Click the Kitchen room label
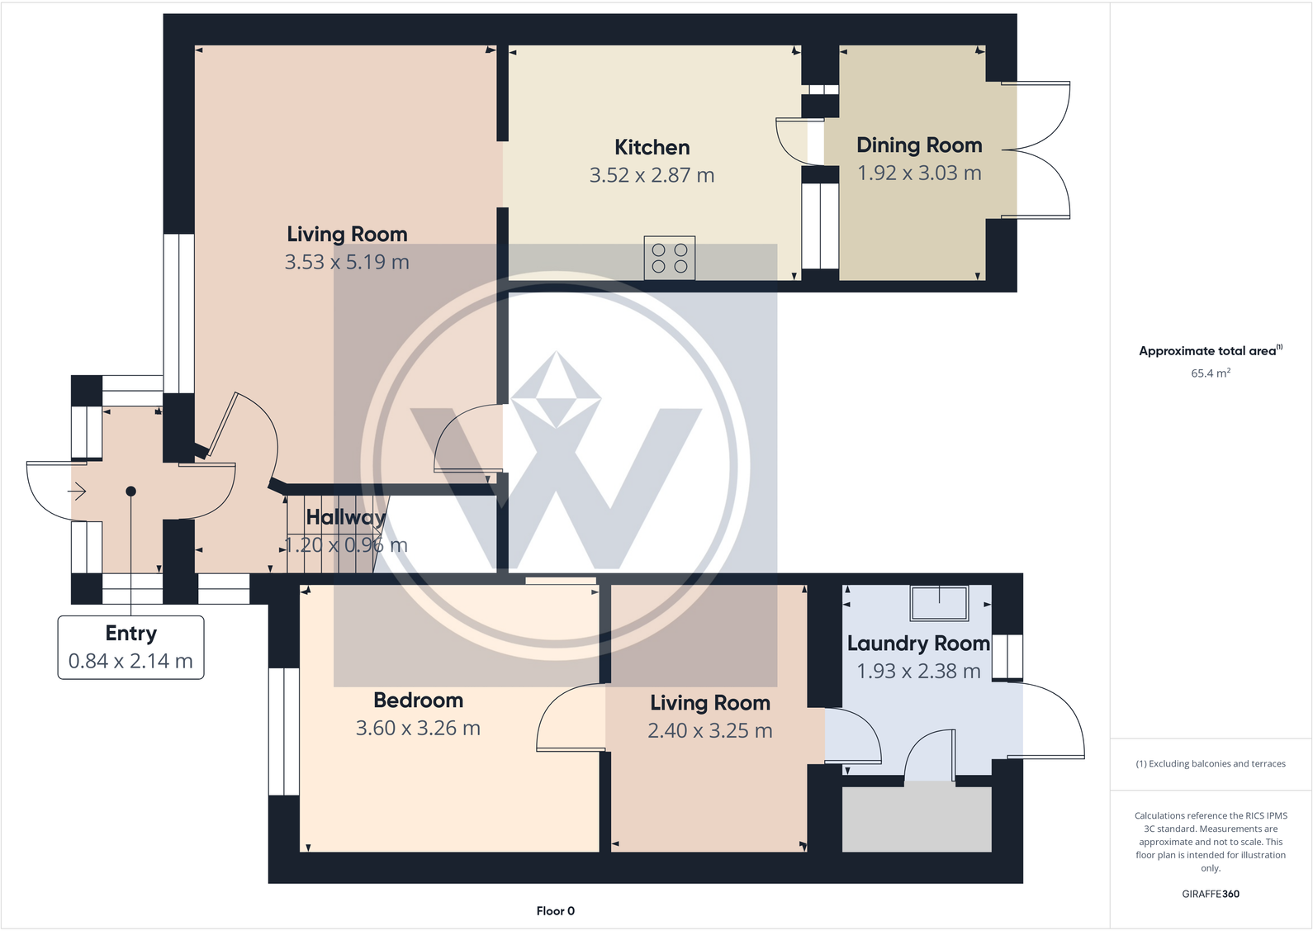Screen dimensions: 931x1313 [652, 148]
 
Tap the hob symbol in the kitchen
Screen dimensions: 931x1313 [669, 258]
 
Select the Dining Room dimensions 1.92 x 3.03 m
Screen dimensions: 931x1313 [919, 173]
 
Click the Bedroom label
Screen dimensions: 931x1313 [418, 701]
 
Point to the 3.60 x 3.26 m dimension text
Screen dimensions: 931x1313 [418, 729]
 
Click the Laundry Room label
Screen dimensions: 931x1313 [917, 644]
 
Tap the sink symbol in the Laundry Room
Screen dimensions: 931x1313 [939, 602]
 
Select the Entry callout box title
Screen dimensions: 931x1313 [130, 634]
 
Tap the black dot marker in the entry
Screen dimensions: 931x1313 [130, 492]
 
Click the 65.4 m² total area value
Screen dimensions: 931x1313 [1210, 373]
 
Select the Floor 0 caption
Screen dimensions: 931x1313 [555, 911]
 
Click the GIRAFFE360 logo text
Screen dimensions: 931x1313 [1210, 894]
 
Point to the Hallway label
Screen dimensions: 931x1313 [345, 518]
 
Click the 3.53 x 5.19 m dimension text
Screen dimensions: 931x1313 [347, 263]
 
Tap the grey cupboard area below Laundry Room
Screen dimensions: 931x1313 [916, 819]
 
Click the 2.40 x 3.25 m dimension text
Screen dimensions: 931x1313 [709, 731]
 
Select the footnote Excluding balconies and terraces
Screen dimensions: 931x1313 [1210, 764]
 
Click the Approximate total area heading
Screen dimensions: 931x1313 [1208, 351]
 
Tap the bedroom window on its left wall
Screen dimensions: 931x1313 [283, 731]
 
